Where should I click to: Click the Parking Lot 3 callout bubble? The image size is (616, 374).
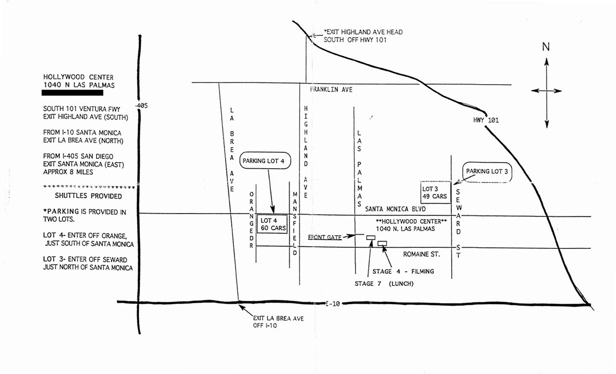487,172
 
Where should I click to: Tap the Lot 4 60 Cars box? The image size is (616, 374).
271,224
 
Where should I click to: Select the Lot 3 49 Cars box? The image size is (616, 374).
435,193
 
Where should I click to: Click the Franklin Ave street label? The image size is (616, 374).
331,90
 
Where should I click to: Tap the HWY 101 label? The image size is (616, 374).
486,120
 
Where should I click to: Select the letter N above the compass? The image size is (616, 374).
546,47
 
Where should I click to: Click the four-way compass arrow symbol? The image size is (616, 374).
546,91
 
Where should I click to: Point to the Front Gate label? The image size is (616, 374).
325,237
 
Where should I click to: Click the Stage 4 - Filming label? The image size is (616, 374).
403,271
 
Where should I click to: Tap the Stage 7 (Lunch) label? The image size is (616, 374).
384,284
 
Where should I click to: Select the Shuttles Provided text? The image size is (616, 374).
88,196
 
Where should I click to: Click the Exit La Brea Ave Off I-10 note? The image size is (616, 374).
278,322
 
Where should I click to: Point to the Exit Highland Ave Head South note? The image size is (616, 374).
363,36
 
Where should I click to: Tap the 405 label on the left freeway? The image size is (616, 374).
144,105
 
